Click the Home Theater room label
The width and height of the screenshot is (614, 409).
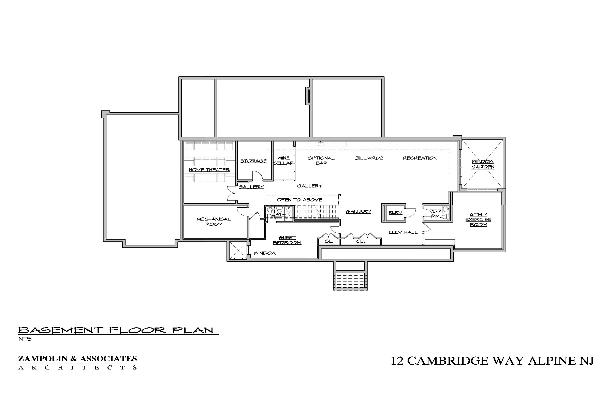coord(209,170)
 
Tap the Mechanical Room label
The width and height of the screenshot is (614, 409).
coord(214,222)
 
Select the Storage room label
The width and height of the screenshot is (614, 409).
coord(253,161)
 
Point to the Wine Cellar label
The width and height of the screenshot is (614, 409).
coord(283,161)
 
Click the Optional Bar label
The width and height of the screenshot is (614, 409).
coord(321,161)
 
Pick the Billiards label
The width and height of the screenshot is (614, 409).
coord(369,158)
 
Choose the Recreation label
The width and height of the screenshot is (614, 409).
coord(420,158)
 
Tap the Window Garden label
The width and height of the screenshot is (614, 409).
coord(483,164)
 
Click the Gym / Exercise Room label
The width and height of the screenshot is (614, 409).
coord(478,219)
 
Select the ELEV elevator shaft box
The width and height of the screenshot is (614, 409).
coord(395,213)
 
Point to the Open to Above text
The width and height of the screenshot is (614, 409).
coord(299,200)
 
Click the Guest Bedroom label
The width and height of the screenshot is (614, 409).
coord(287,240)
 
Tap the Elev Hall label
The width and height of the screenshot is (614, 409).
coord(403,232)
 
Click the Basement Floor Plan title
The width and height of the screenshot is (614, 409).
coord(116,330)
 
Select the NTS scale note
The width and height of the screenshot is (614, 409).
coord(25,339)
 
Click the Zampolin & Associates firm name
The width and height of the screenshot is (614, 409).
coord(77,359)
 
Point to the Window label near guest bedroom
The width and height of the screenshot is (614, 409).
coord(264,253)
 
